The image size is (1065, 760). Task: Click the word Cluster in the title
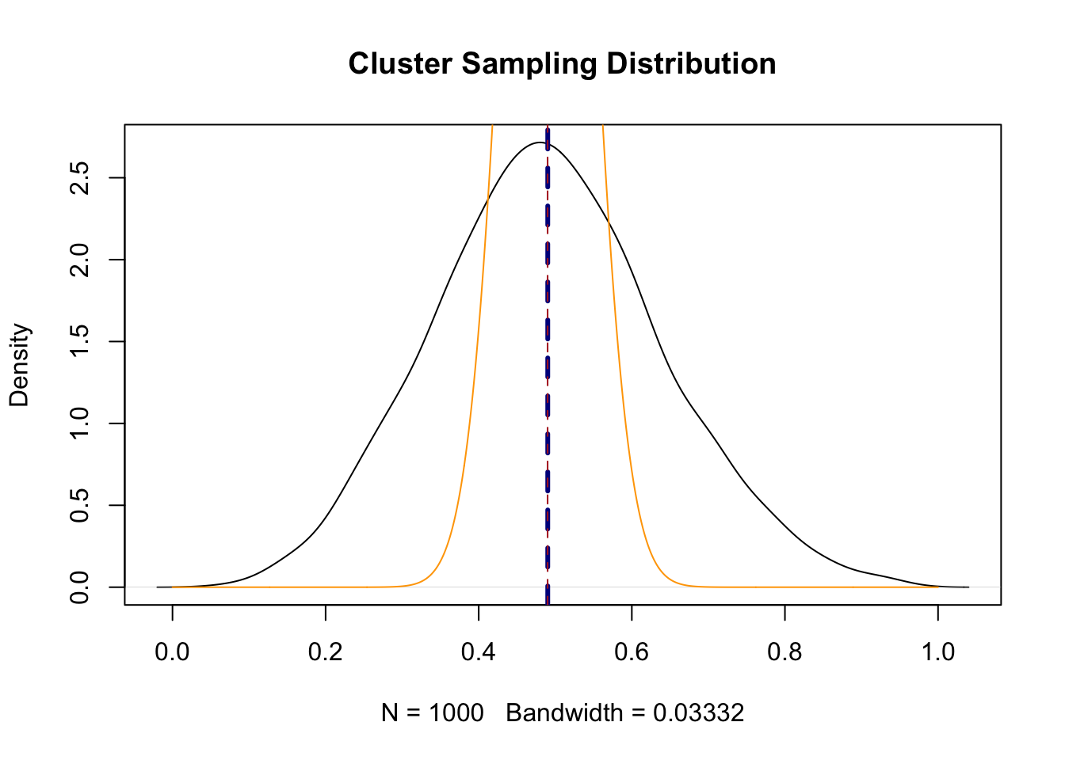point(401,64)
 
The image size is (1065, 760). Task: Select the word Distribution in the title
point(691,64)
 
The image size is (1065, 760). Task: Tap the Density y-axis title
point(19,365)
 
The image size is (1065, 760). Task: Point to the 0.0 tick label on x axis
point(172,652)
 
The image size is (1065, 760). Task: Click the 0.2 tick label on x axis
point(325,652)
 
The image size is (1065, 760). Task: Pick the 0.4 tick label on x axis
point(479,652)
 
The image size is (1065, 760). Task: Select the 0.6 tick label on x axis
point(632,652)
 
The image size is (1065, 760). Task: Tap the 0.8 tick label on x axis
point(784,652)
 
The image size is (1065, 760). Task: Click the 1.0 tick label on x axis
point(938,652)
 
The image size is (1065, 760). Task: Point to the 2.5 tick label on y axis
point(79,178)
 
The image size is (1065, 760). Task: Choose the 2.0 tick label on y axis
point(79,260)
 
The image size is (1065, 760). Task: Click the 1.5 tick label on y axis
point(79,342)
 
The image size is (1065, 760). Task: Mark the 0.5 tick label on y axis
point(79,505)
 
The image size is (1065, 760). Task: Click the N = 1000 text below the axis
point(432,713)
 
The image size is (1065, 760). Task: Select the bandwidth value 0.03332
point(698,713)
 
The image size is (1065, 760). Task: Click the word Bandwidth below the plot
point(564,713)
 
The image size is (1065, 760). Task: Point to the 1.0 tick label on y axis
point(79,424)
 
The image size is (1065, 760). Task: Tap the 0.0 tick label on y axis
point(79,587)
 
